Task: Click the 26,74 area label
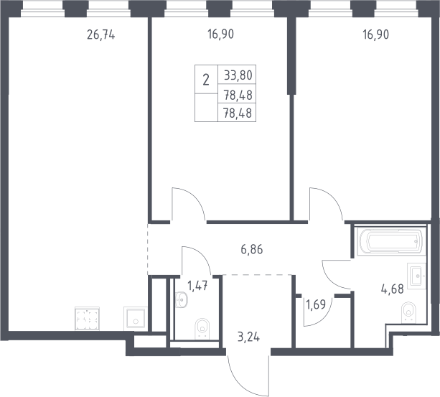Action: pos(100,35)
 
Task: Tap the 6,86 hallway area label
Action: pos(252,249)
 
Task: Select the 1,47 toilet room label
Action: pos(197,286)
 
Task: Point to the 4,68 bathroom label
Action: pos(393,289)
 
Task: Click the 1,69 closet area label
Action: pos(316,304)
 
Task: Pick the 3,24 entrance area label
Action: pos(248,337)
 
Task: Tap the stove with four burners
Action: pos(87,319)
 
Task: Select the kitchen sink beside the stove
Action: pos(136,318)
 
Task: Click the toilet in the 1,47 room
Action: pos(202,327)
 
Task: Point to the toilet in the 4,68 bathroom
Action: pos(408,312)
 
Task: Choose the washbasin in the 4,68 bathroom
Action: pos(417,276)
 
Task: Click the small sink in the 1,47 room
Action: pos(182,299)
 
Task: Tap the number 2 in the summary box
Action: pos(206,80)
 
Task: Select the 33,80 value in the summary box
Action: pos(238,75)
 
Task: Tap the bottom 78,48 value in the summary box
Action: pos(238,113)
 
